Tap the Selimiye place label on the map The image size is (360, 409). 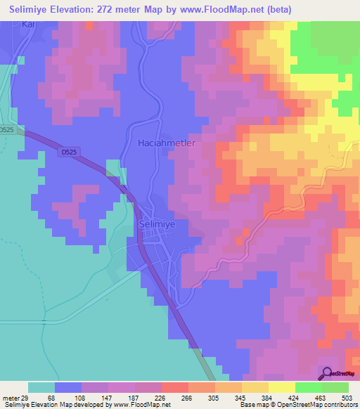click(157, 224)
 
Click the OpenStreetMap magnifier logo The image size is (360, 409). click(328, 373)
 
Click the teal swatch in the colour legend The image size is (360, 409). click(41, 387)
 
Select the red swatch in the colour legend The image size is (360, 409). click(174, 387)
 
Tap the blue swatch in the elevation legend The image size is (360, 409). click(67, 387)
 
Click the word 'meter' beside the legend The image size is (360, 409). click(9, 398)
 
